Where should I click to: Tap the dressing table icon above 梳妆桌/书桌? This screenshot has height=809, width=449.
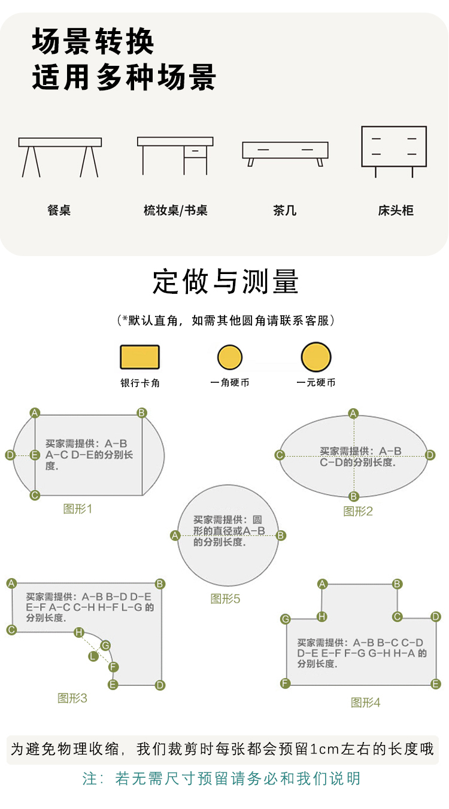click(x=175, y=156)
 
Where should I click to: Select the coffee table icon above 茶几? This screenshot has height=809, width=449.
click(x=286, y=153)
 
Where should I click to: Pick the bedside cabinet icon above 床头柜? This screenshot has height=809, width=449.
click(x=394, y=150)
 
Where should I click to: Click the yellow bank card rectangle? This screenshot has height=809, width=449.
click(x=139, y=357)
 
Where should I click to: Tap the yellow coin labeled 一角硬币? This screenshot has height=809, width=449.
click(x=230, y=357)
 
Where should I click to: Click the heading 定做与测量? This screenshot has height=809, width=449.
click(x=225, y=282)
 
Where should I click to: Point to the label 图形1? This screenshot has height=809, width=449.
click(x=78, y=509)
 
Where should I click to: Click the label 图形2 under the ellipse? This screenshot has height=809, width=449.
click(x=358, y=511)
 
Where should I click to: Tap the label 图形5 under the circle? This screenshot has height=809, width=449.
click(x=225, y=598)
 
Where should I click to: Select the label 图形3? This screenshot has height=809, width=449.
click(x=72, y=698)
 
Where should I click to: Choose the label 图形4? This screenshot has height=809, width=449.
click(x=365, y=702)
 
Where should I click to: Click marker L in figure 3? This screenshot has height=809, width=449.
click(x=93, y=656)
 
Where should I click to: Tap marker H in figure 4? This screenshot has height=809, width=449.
click(x=322, y=616)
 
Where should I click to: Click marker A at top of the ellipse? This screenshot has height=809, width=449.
click(x=353, y=413)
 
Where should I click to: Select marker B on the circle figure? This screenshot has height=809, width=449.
click(x=281, y=536)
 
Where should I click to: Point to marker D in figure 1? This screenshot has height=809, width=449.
click(x=10, y=455)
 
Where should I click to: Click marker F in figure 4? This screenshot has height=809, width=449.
click(x=286, y=683)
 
